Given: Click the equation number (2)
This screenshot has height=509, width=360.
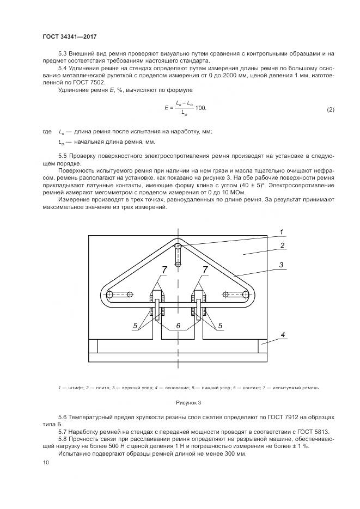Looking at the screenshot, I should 330,109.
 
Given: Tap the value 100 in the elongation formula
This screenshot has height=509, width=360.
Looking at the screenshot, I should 200,108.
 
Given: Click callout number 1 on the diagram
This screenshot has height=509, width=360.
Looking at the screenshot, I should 282,232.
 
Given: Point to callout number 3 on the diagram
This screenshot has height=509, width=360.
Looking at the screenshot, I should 282,265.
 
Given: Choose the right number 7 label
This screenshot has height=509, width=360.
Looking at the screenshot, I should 205,270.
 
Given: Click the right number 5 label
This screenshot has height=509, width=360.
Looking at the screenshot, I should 220,326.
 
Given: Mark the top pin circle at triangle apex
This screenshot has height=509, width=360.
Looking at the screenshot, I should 178,247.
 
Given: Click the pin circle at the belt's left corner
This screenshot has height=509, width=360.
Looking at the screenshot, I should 110,295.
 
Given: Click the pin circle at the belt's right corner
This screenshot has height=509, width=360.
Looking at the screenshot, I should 246,295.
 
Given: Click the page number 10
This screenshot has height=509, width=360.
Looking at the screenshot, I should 45,462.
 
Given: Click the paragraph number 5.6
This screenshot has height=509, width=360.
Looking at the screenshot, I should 63,416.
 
